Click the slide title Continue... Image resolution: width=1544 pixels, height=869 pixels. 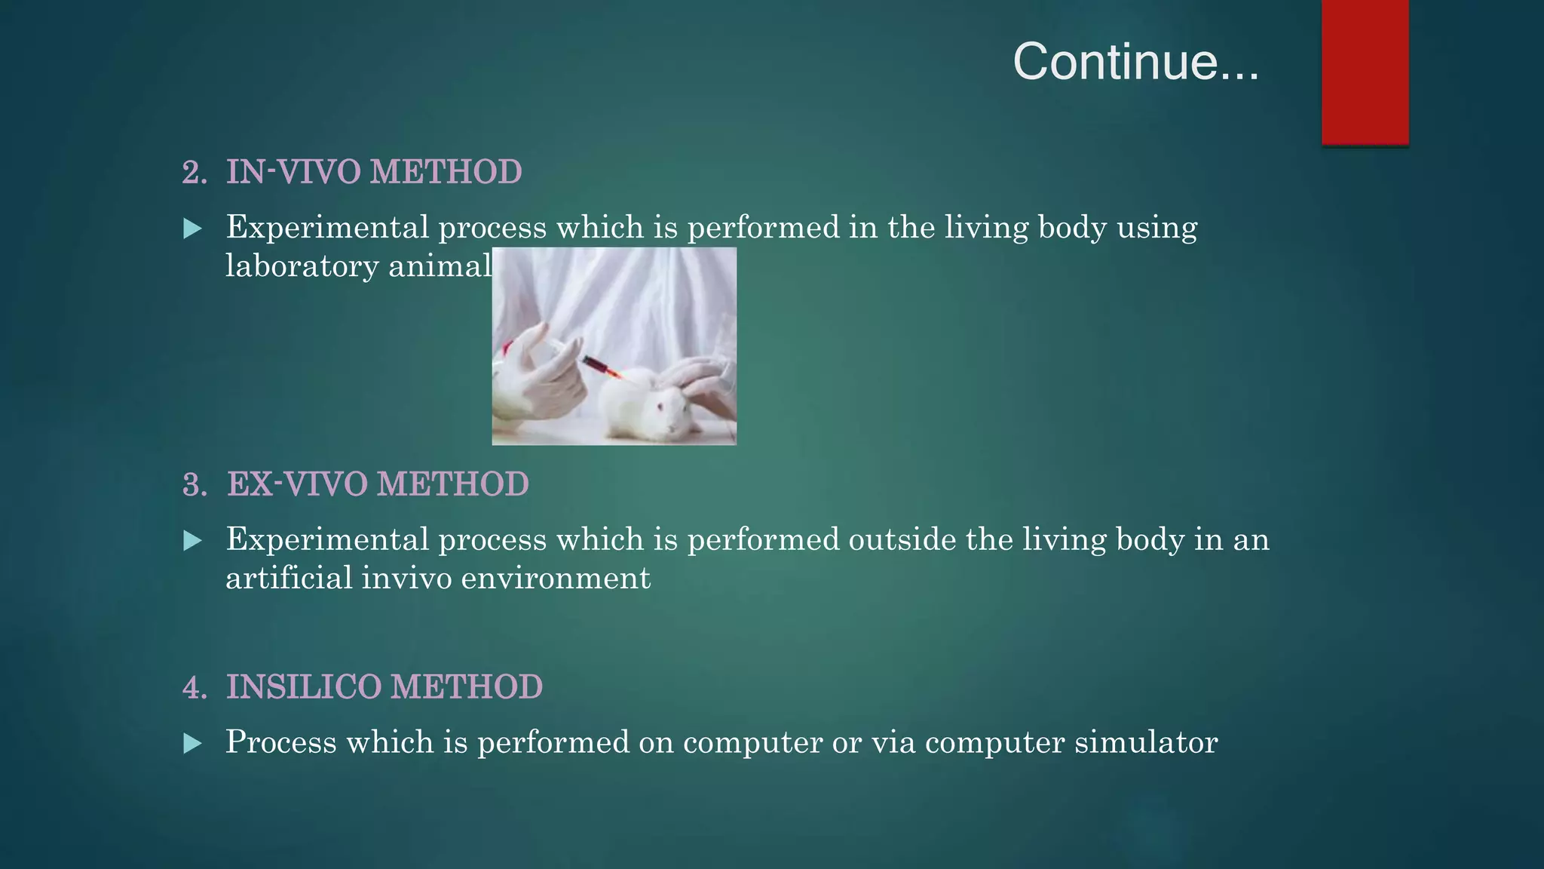[1135, 62]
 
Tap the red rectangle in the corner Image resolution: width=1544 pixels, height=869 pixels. [1365, 72]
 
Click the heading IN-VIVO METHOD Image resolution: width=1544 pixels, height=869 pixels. [374, 172]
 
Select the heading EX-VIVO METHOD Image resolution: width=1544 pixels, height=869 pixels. [378, 484]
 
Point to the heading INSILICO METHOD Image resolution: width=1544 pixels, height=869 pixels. [384, 687]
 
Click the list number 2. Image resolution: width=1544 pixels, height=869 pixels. [194, 173]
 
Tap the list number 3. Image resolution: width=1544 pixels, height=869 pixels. [194, 485]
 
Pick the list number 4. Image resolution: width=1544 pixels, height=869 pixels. [194, 688]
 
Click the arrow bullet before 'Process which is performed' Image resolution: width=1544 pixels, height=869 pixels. [193, 744]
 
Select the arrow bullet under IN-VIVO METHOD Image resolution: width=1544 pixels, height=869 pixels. [193, 229]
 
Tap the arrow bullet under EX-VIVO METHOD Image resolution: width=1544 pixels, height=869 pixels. [193, 541]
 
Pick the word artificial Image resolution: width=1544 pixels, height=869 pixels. [289, 579]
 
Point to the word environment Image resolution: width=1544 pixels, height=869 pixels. [555, 579]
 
